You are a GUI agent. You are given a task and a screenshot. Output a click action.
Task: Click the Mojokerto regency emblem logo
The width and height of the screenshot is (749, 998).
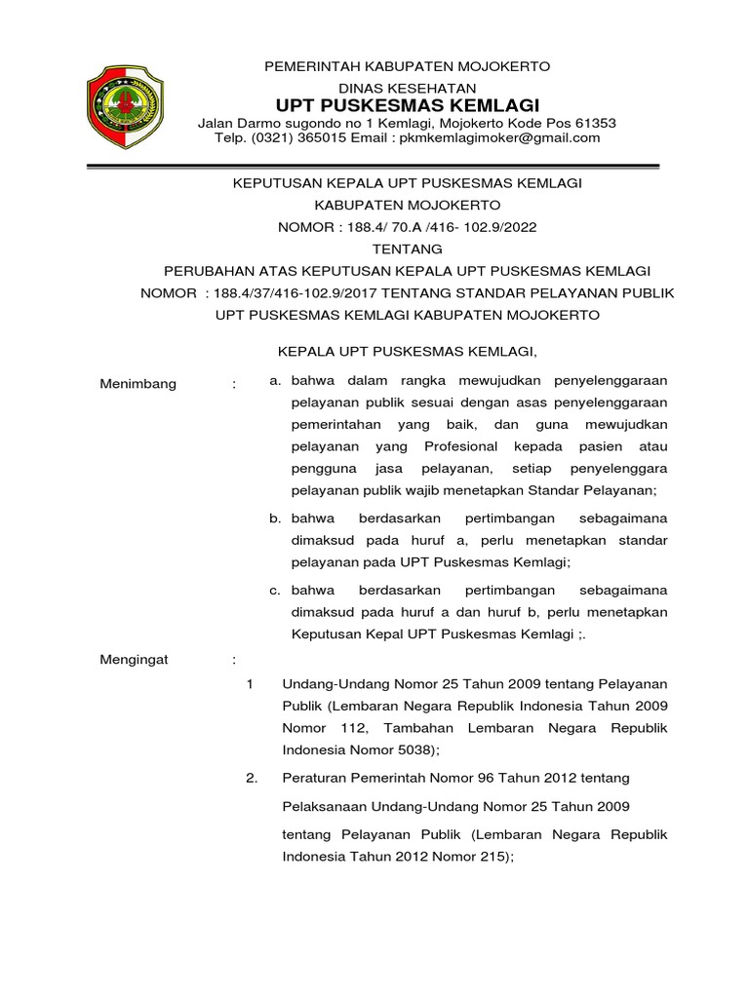tap(127, 104)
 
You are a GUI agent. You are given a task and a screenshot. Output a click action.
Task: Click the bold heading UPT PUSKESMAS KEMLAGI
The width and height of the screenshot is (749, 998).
tap(407, 104)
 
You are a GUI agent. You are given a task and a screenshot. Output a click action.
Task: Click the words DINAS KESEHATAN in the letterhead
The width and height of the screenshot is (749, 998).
tap(407, 87)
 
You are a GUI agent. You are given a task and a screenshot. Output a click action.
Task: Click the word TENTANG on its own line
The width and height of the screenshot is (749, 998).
tap(407, 249)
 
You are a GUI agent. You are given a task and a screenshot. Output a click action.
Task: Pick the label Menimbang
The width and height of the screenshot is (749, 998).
tap(138, 384)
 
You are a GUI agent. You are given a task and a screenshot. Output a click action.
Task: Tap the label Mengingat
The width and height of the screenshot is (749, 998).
tap(135, 660)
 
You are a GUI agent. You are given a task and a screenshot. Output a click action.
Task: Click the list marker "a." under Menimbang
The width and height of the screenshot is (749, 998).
tap(276, 380)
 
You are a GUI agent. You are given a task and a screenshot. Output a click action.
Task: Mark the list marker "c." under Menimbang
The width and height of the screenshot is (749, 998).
tap(276, 590)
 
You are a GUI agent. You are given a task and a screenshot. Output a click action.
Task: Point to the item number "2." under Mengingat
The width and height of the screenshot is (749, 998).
tap(252, 778)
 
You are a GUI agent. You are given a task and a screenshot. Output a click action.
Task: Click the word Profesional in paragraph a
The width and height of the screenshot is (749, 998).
tap(460, 446)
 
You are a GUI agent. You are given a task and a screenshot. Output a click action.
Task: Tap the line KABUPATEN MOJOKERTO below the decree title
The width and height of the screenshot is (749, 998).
tap(407, 206)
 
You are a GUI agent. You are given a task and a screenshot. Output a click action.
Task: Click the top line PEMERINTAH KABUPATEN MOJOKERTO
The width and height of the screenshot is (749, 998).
tap(407, 65)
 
